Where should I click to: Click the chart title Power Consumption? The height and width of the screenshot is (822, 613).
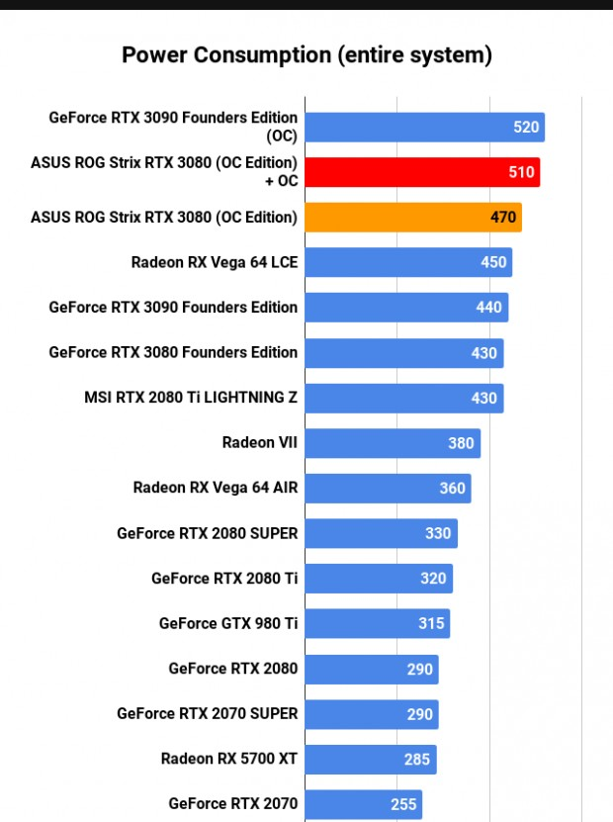[306, 54]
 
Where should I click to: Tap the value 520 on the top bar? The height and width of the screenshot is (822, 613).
[526, 127]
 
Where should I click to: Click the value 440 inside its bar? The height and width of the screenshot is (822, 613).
[488, 308]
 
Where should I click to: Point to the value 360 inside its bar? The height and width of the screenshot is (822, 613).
[452, 489]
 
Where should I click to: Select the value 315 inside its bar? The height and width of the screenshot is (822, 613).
[432, 623]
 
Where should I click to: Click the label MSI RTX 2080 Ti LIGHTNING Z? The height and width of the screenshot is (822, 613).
[191, 398]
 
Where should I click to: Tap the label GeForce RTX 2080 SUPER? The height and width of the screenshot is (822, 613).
[207, 533]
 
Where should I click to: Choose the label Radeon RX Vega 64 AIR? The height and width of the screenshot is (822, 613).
[216, 488]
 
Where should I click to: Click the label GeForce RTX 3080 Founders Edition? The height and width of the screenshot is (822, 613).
[173, 352]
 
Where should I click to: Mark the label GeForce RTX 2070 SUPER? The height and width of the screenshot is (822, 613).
[207, 713]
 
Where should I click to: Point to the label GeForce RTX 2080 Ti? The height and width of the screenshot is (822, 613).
[224, 578]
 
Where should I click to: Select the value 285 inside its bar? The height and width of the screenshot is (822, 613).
[417, 759]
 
